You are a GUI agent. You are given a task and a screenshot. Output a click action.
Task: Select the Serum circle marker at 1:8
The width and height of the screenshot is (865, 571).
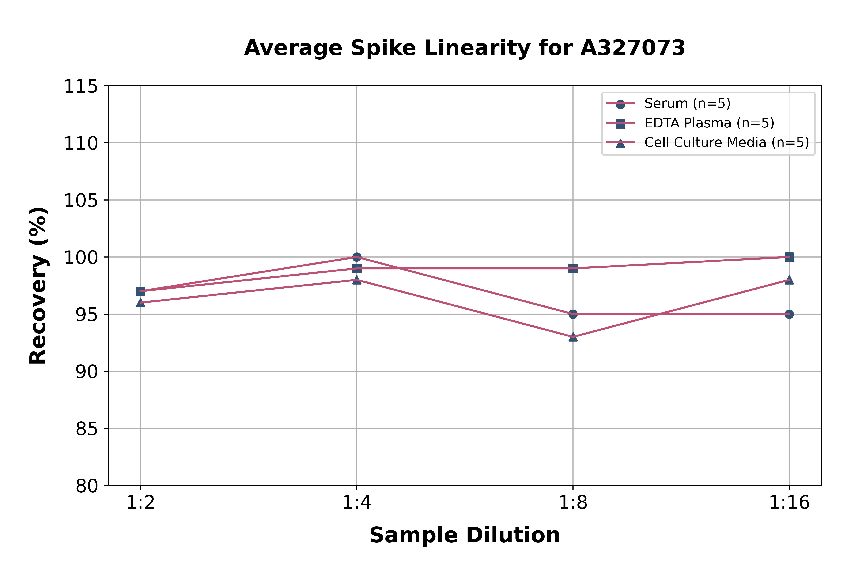tap(573, 314)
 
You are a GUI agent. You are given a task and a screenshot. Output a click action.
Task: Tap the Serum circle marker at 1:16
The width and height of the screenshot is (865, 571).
tap(789, 314)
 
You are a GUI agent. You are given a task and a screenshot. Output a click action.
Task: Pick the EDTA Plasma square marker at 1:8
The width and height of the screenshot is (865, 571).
tap(573, 268)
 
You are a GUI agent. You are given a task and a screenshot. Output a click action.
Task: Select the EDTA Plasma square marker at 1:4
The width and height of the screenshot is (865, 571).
tap(357, 268)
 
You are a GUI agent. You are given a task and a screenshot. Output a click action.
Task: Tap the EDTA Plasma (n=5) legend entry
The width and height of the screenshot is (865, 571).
tap(709, 123)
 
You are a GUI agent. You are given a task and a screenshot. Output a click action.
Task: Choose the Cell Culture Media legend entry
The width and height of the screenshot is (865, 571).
tap(726, 142)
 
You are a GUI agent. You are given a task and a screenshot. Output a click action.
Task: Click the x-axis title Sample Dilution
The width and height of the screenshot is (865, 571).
tap(465, 535)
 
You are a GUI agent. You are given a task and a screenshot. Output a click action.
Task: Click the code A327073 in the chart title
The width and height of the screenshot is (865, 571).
tap(633, 48)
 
